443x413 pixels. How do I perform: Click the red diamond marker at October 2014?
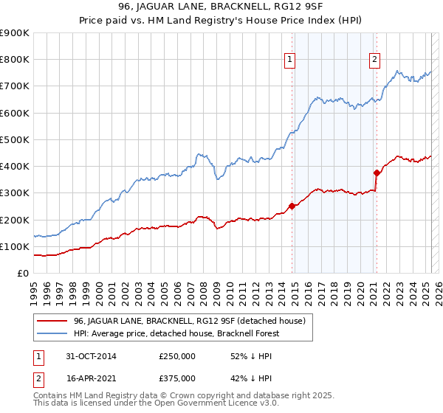(292, 206)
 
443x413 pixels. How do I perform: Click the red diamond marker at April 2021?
(377, 173)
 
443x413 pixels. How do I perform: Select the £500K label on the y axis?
(15, 139)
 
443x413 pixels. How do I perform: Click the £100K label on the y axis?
(15, 246)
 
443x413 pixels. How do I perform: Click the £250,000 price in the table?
(177, 356)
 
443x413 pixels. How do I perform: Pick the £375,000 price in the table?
(177, 378)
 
